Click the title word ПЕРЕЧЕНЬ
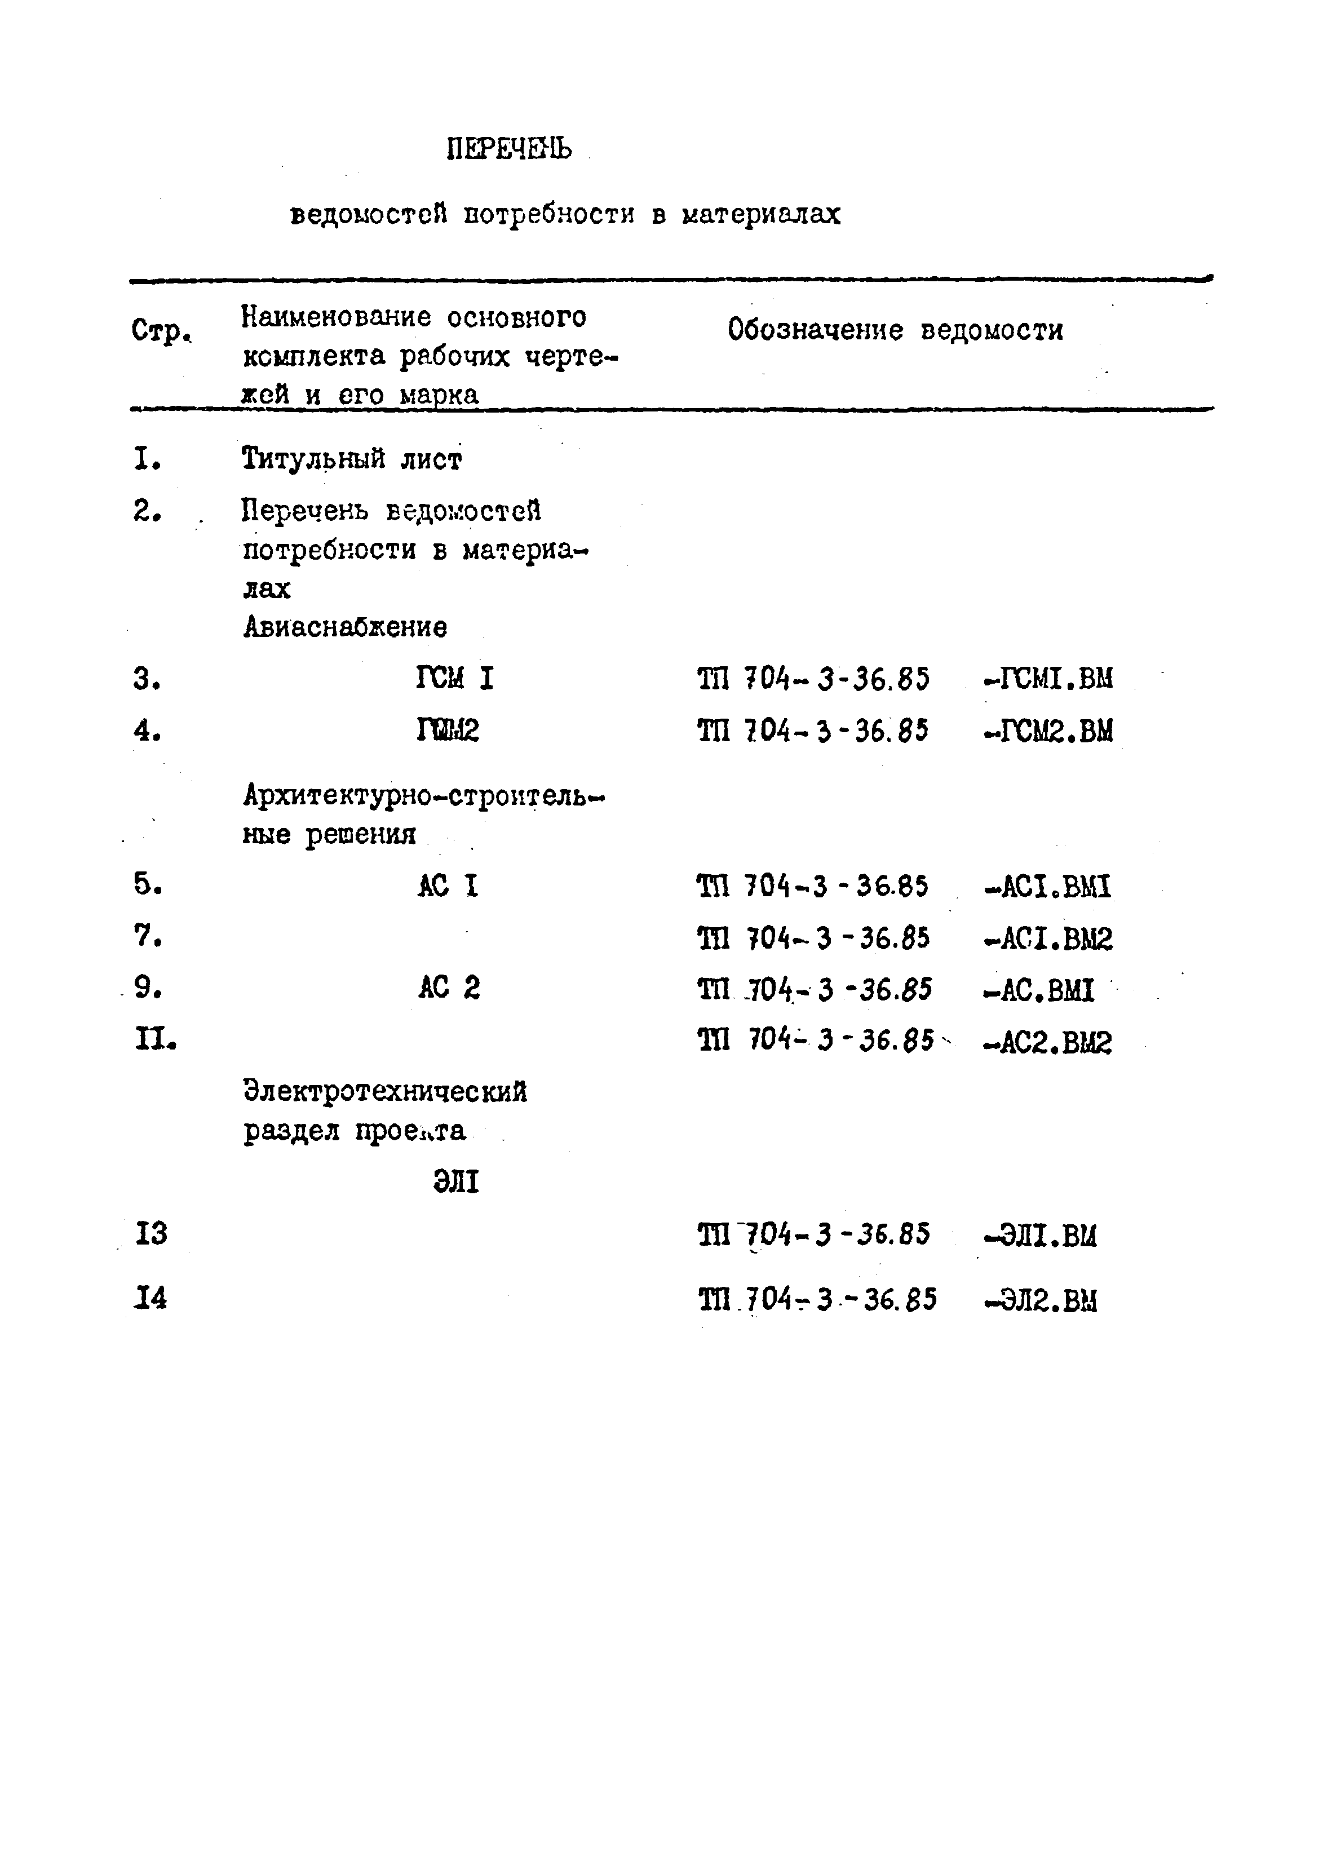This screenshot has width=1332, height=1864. [x=510, y=148]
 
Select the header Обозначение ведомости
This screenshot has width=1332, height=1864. [x=895, y=330]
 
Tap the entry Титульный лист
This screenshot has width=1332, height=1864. [x=352, y=458]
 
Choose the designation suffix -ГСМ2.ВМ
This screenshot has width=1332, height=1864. [x=1048, y=730]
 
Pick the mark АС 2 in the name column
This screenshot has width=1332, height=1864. [x=449, y=988]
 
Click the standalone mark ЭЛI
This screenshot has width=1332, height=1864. [x=456, y=1182]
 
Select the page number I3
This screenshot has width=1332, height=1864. [x=151, y=1233]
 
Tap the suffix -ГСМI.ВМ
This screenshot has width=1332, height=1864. [x=1048, y=678]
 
